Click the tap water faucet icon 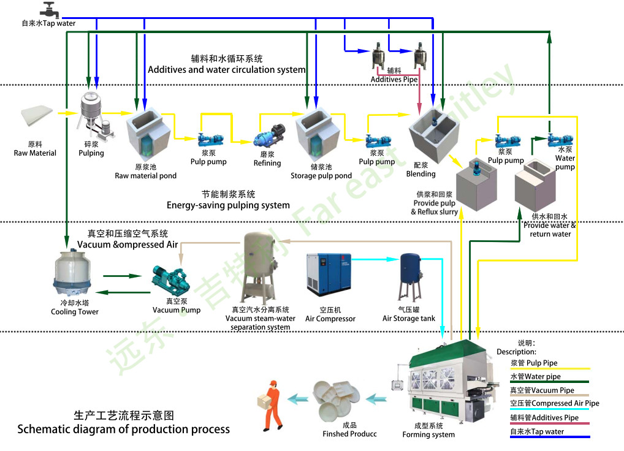[x=48, y=9]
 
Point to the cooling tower [x=75, y=273]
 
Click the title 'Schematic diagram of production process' [x=123, y=429]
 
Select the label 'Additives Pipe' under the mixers [x=394, y=80]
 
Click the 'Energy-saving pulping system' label [x=228, y=205]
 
